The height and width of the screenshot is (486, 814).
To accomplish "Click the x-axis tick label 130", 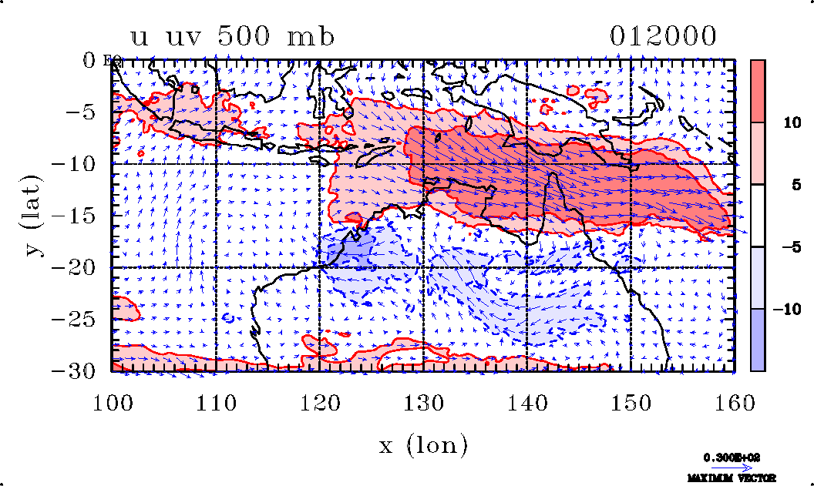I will pos(423,401).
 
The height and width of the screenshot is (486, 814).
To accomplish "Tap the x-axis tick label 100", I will pos(113,401).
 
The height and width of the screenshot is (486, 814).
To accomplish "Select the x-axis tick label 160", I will pos(733,401).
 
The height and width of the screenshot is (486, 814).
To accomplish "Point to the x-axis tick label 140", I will pos(527,401).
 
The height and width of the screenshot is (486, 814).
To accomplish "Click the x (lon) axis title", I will pos(423,444).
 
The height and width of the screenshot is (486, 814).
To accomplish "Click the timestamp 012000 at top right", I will pos(664,36).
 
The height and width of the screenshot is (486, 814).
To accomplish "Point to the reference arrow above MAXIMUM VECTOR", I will pos(732,467).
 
